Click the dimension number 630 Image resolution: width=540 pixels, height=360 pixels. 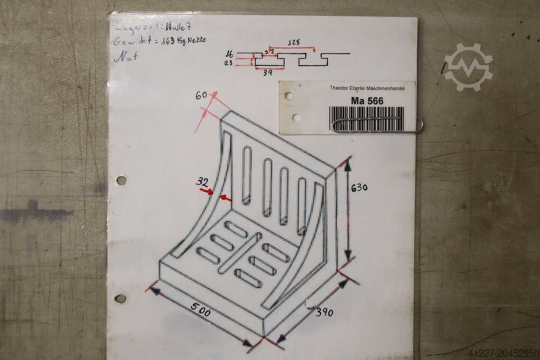[x=359, y=188]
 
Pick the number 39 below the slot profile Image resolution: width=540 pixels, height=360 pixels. [x=268, y=73]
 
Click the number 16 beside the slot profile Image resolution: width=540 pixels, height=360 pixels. [x=229, y=54]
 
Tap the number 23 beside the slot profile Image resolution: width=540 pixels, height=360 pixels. [x=229, y=63]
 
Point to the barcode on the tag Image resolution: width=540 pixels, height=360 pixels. [x=367, y=118]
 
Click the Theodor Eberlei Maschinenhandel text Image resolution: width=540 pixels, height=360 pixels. [x=368, y=88]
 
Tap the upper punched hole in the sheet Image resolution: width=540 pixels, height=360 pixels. [x=121, y=181]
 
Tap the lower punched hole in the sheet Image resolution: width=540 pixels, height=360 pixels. [x=120, y=298]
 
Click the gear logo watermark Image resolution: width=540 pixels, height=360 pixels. [x=468, y=67]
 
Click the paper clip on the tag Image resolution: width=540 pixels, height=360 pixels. [x=379, y=126]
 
